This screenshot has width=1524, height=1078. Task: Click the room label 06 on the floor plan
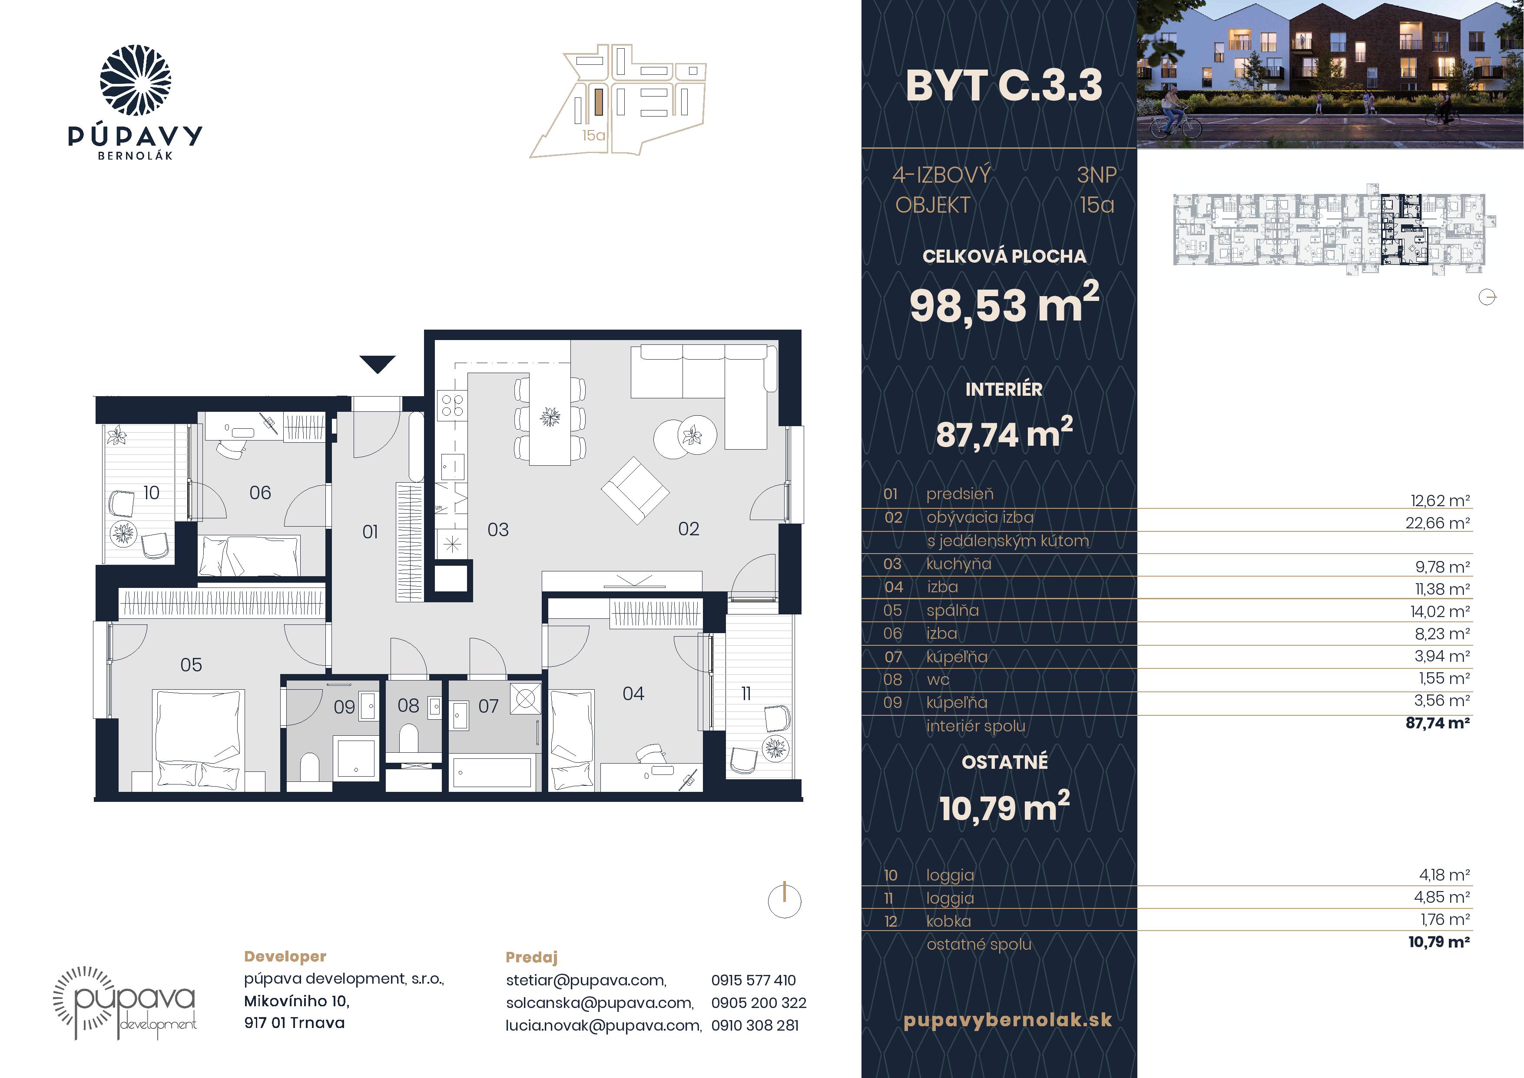tap(260, 493)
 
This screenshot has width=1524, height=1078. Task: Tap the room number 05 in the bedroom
tap(191, 665)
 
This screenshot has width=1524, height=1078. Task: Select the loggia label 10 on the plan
tap(151, 493)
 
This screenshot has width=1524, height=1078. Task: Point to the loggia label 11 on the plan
tap(746, 694)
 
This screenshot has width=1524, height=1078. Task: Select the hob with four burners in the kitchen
tap(453, 405)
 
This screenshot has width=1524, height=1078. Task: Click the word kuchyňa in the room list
tap(958, 564)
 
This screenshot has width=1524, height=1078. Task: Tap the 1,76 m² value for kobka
tap(1445, 919)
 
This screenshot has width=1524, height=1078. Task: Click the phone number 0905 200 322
tap(759, 1003)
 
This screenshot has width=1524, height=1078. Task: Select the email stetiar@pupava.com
tap(586, 980)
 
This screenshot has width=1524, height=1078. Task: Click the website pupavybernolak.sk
tap(1007, 1020)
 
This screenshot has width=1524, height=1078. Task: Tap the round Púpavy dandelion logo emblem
tap(136, 80)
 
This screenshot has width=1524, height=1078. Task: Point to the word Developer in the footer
tap(285, 956)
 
